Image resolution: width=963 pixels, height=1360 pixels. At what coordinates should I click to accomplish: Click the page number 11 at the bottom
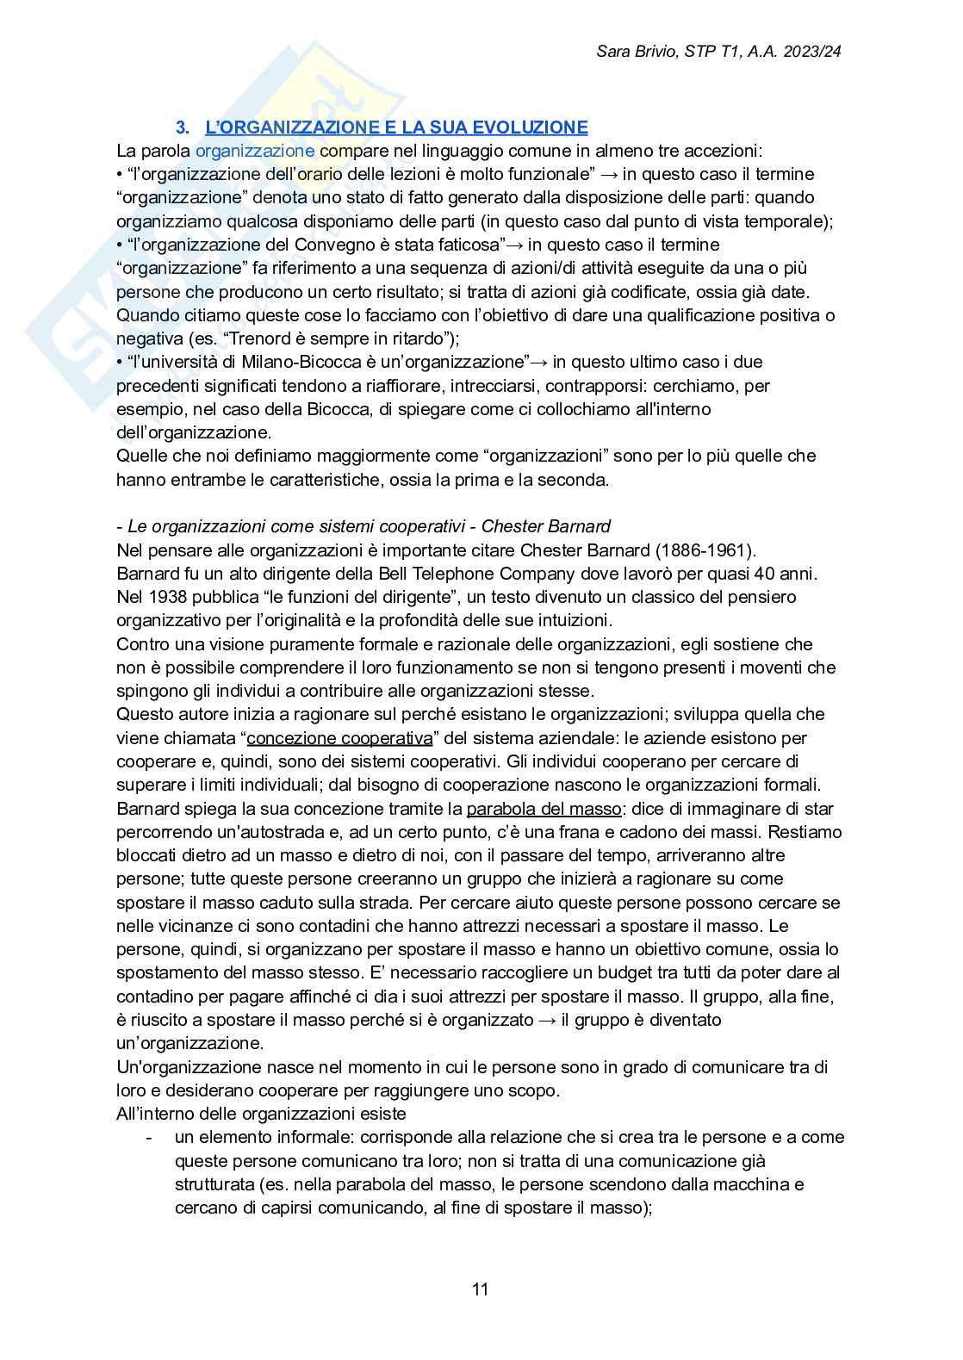tap(481, 1289)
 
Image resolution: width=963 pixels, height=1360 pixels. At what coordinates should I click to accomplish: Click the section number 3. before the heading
tap(183, 127)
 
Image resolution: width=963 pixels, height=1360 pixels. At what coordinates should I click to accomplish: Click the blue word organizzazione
tap(255, 151)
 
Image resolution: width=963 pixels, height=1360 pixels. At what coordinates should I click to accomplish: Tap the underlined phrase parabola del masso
tap(544, 809)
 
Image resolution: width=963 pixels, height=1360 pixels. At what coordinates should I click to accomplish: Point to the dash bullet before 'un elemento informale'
tap(150, 1137)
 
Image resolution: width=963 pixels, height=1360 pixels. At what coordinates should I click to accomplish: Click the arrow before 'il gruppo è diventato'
tap(547, 1020)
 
